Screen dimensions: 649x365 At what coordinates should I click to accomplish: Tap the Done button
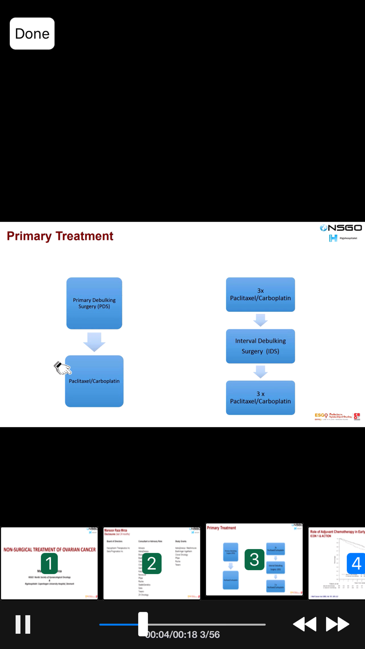(x=32, y=34)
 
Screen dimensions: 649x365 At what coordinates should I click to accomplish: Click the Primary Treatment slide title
(x=60, y=236)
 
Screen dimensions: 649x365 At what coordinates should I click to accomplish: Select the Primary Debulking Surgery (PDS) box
(x=94, y=303)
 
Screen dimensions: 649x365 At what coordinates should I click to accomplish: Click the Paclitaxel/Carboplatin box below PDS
(x=94, y=381)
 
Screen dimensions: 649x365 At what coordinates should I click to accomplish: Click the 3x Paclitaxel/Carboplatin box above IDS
(x=260, y=295)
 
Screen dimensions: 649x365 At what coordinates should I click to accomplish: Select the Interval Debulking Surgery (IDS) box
(x=260, y=346)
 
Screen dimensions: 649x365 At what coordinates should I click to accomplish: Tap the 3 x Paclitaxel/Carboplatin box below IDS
(x=260, y=398)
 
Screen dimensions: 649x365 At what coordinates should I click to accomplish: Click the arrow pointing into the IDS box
(x=260, y=320)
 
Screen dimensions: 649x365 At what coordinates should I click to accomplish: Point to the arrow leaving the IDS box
(x=260, y=372)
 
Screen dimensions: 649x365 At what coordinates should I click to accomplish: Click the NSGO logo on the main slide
(x=341, y=228)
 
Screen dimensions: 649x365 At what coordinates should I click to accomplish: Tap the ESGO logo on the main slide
(x=321, y=415)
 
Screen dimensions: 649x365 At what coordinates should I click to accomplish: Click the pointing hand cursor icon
(x=62, y=368)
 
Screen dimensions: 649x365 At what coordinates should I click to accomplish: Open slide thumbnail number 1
(x=49, y=563)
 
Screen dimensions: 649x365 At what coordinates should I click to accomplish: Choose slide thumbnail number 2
(x=152, y=563)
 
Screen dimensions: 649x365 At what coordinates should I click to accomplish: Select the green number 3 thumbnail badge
(x=254, y=560)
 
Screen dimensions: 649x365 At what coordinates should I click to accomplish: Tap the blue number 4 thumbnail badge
(x=356, y=563)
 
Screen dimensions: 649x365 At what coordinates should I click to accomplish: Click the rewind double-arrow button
(x=305, y=624)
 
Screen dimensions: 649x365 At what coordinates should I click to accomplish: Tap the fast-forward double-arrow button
(x=337, y=624)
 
